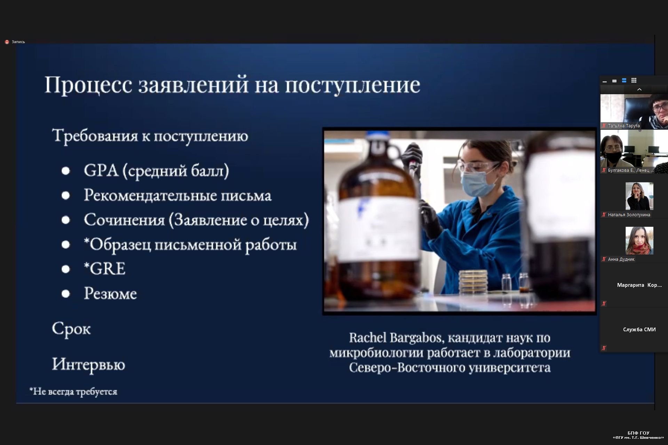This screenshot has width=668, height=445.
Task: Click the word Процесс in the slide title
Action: (88, 85)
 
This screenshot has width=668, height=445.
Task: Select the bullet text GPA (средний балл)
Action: (157, 171)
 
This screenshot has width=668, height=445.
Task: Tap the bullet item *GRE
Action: (104, 269)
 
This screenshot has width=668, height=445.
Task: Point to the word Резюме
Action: (110, 294)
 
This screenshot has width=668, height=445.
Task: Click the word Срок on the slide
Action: (71, 329)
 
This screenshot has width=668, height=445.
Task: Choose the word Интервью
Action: (88, 364)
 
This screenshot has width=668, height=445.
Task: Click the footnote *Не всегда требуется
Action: (73, 391)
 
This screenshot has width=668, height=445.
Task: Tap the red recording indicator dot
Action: (7, 42)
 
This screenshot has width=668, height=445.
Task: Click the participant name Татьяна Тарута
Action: (624, 126)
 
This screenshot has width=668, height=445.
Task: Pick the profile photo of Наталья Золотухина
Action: (639, 196)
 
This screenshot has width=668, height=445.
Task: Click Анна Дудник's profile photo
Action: (639, 241)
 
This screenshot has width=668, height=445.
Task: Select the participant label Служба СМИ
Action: (639, 330)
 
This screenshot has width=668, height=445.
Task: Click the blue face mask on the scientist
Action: (476, 182)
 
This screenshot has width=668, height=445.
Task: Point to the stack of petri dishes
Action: (473, 282)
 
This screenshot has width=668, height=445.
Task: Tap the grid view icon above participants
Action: (634, 80)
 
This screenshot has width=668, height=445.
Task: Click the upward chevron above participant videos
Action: (639, 90)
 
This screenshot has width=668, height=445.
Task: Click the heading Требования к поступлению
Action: (150, 136)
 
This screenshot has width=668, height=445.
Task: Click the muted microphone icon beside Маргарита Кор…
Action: (604, 304)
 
